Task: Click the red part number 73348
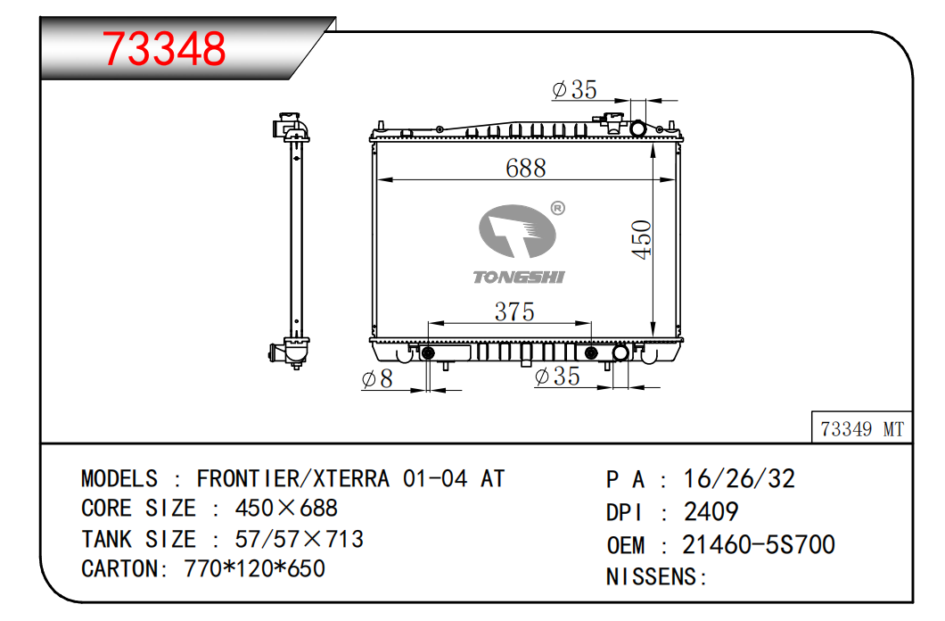[164, 48]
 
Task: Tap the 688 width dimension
[525, 168]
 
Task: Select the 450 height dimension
[641, 239]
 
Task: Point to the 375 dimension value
[514, 311]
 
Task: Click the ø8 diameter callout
[377, 378]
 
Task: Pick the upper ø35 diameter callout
[574, 89]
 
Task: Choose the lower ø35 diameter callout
[557, 377]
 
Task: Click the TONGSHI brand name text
[518, 277]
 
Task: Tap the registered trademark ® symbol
[558, 208]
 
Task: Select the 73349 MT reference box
[862, 428]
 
